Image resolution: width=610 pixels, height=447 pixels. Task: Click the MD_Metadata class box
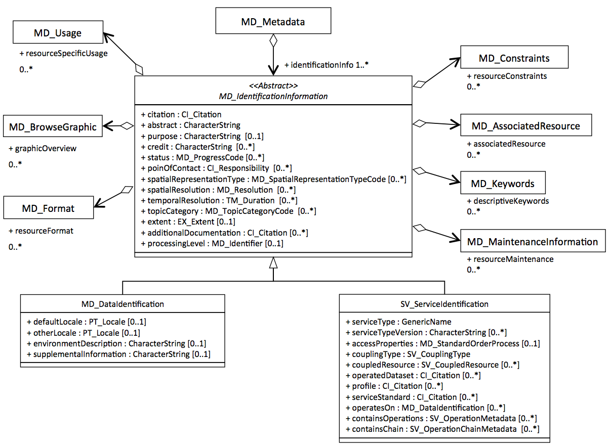pyautogui.click(x=273, y=21)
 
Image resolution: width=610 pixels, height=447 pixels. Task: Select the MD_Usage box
pyautogui.click(x=58, y=32)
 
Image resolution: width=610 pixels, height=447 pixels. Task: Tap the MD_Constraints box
pyautogui.click(x=514, y=57)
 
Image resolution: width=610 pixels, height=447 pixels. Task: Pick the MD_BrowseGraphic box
pyautogui.click(x=53, y=126)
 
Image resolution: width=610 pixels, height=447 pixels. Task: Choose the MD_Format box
pyautogui.click(x=49, y=208)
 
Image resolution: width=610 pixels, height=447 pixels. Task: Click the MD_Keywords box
pyautogui.click(x=503, y=183)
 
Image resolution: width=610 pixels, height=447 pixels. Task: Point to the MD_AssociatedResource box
pyautogui.click(x=526, y=125)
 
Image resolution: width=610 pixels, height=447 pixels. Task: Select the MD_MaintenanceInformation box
pyautogui.click(x=533, y=241)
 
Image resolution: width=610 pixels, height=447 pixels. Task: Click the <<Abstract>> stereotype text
pyautogui.click(x=273, y=85)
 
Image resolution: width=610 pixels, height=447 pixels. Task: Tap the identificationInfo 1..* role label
pyautogui.click(x=326, y=65)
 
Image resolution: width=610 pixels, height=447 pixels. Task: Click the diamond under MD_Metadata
pyautogui.click(x=273, y=41)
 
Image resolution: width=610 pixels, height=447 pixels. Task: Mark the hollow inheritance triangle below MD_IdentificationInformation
pyautogui.click(x=273, y=263)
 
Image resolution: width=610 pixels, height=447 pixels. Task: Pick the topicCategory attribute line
pyautogui.click(x=228, y=211)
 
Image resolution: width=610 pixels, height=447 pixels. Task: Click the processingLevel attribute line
pyautogui.click(x=212, y=243)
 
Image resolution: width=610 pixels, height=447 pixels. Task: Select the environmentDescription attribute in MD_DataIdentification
pyautogui.click(x=116, y=343)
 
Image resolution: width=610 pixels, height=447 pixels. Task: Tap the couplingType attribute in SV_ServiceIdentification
pyautogui.click(x=408, y=354)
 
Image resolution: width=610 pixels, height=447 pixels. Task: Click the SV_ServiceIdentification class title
pyautogui.click(x=444, y=304)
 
